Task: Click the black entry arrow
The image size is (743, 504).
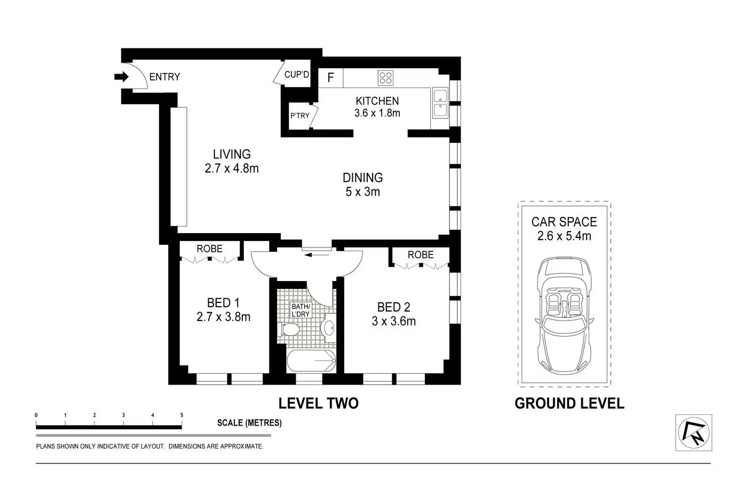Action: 121,77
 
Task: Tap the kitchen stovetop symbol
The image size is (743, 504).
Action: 385,78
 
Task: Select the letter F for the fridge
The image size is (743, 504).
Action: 330,77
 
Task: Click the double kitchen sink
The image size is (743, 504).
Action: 440,103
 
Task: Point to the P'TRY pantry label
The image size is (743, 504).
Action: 300,116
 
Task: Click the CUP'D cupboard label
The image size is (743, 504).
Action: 297,75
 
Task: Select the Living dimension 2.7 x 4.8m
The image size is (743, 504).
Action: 232,169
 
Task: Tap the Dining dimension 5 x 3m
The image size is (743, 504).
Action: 362,191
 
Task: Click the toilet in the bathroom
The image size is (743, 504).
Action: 290,330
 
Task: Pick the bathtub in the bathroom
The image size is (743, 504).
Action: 311,361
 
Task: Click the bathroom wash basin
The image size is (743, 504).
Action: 329,328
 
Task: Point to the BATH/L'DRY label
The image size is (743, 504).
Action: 301,310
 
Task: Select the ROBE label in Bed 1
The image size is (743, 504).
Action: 209,249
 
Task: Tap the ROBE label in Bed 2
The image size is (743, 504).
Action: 421,255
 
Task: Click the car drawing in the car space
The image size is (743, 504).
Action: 564,316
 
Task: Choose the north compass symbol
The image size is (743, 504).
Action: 693,433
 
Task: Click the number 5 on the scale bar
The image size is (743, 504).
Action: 181,415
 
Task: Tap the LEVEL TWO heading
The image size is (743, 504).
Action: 319,403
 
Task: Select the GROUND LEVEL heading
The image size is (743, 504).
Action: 569,403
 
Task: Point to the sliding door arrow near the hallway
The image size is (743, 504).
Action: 317,255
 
